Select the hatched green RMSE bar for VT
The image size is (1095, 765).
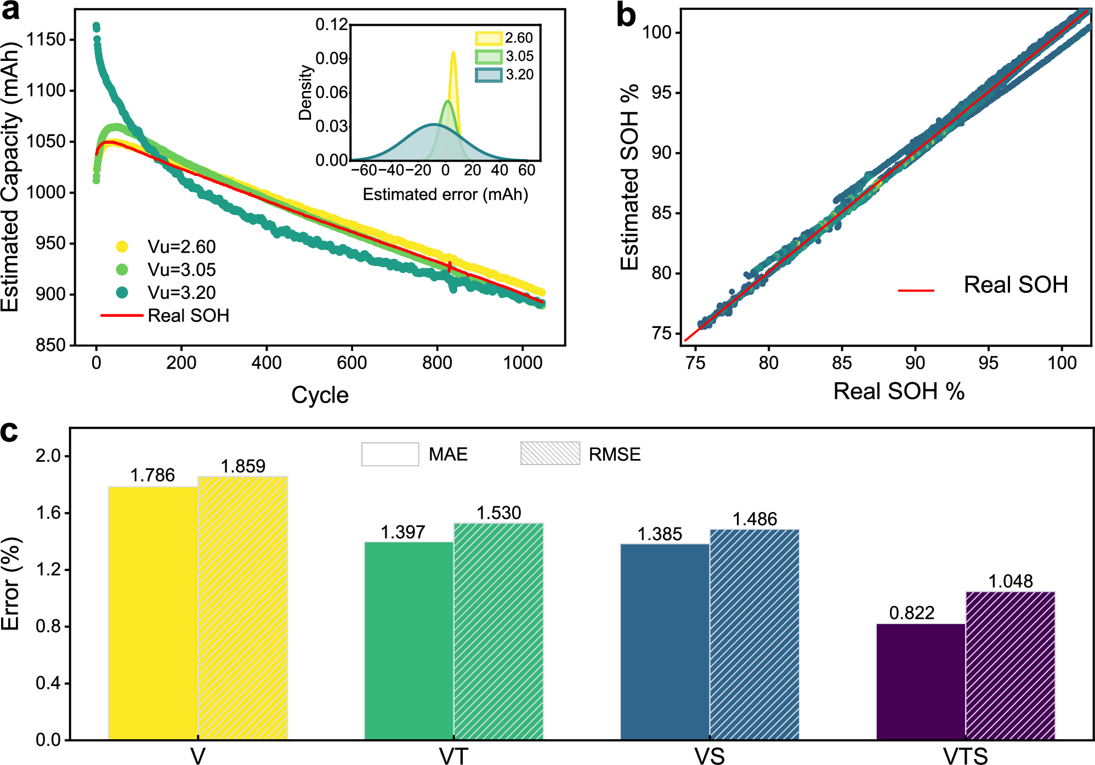tap(498, 631)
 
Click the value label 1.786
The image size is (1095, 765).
tap(152, 475)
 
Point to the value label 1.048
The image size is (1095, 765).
tap(1010, 581)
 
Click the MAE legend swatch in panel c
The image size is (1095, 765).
tap(390, 454)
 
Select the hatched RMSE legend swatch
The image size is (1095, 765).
tap(550, 454)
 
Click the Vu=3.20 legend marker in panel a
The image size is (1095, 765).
tap(122, 292)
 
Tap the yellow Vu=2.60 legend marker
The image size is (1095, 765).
tap(122, 247)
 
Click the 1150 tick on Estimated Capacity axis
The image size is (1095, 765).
tap(46, 39)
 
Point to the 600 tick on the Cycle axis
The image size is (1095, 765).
tap(352, 362)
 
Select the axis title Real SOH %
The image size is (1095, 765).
tap(899, 391)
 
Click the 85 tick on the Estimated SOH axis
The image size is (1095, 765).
tap(661, 213)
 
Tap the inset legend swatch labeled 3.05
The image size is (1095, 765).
tap(489, 56)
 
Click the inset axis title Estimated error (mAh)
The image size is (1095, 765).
tap(445, 194)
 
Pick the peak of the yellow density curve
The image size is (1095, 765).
tap(453, 53)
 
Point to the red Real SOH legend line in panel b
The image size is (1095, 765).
tap(916, 290)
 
